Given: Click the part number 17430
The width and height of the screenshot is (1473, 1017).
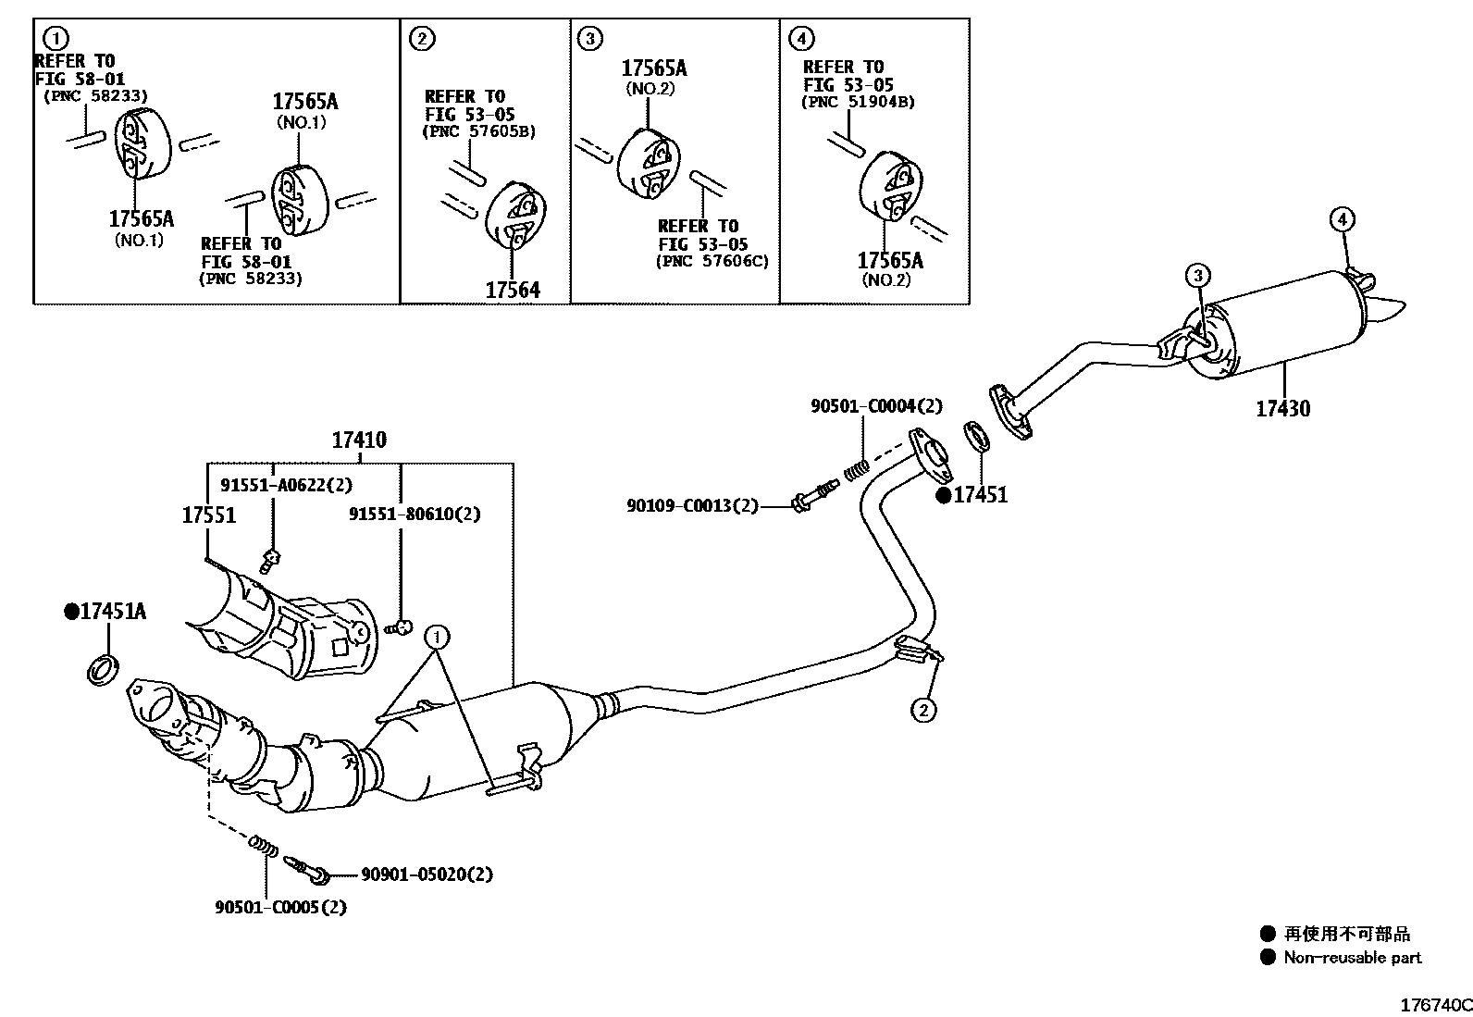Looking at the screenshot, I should click(1282, 408).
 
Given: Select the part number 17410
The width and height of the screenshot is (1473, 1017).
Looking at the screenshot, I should click(359, 440).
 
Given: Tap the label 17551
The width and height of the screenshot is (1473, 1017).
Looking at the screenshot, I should click(208, 515).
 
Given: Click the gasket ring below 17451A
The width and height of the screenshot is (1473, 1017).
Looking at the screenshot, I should click(103, 668).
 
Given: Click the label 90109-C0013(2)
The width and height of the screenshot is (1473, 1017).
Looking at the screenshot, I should click(692, 505).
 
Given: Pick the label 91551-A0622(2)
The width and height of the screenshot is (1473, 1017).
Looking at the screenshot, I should click(286, 485).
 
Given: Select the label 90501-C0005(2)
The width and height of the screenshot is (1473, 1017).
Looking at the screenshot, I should click(280, 907).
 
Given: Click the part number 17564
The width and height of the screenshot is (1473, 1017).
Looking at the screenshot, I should click(513, 291).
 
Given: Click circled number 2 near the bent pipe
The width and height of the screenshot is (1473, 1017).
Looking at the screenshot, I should click(923, 710).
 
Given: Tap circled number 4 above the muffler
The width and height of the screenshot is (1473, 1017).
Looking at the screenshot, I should click(1343, 219).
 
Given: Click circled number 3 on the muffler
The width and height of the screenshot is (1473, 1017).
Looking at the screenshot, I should click(1197, 275).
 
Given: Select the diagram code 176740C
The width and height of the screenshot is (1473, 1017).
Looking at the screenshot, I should click(1435, 1005).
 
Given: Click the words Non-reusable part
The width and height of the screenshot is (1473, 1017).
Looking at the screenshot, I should click(1352, 958).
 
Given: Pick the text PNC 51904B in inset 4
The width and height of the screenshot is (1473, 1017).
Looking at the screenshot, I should click(857, 103).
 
